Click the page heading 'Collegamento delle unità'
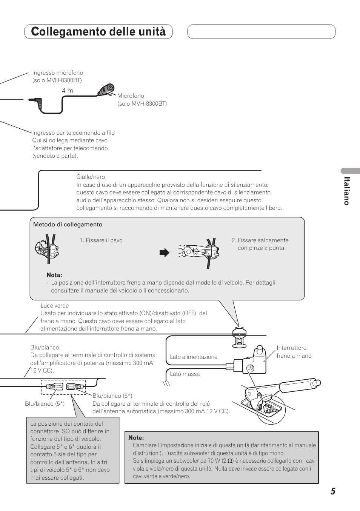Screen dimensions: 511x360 point(98,32)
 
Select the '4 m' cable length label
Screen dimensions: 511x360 point(68,91)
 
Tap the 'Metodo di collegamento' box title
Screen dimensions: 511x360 point(68,225)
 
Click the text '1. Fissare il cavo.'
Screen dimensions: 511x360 point(102,240)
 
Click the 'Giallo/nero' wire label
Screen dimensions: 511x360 point(91,177)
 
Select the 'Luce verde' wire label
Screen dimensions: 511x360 point(54,306)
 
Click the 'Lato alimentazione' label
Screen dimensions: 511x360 point(193,357)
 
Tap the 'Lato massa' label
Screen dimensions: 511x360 point(185,374)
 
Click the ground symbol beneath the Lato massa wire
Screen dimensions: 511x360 point(166,383)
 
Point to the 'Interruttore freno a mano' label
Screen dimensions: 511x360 point(294,352)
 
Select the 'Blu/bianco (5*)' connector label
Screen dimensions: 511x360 point(45,404)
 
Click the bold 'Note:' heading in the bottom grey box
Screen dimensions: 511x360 point(136,438)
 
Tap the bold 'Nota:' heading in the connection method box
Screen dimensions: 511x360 point(54,275)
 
